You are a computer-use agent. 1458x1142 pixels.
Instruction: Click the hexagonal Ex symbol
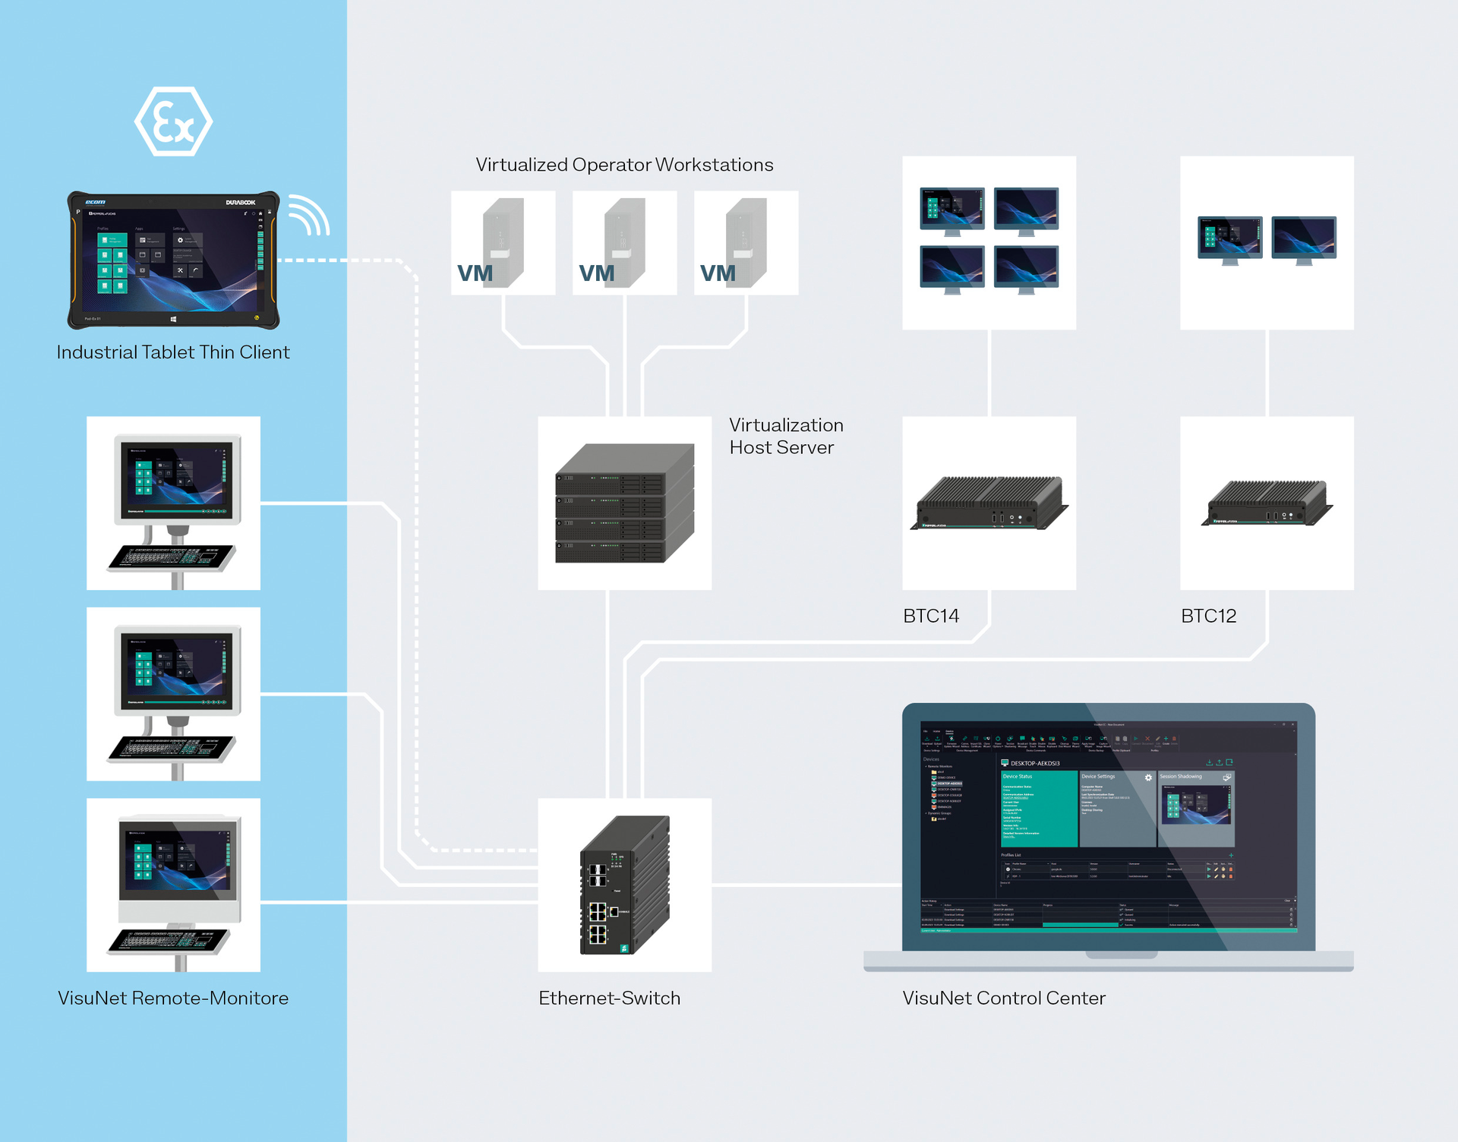click(173, 121)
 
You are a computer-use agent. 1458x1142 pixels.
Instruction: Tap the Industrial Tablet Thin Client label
click(173, 352)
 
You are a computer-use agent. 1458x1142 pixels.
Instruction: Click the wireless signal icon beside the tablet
click(308, 216)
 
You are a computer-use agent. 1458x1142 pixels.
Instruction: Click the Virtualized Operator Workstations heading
click(624, 165)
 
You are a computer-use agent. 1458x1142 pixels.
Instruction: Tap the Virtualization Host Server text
click(785, 437)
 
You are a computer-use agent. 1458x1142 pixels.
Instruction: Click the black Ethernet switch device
click(624, 885)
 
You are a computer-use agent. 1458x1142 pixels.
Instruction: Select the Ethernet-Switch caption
click(609, 998)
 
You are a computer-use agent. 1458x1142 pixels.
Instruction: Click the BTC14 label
click(930, 616)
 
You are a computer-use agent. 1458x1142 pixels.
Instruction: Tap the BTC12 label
click(1208, 616)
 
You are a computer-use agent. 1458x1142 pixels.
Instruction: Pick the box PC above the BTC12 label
click(1266, 503)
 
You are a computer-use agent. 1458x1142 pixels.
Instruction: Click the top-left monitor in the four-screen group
click(951, 208)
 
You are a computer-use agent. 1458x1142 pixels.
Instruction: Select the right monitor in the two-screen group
click(1304, 238)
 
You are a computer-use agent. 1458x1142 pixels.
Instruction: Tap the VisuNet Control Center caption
click(1003, 998)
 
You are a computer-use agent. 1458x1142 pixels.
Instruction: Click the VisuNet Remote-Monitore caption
click(173, 998)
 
